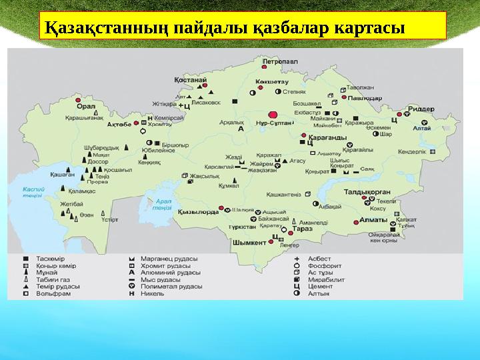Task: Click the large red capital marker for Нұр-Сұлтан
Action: tap(272, 115)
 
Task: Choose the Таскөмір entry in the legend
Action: tap(51, 259)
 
